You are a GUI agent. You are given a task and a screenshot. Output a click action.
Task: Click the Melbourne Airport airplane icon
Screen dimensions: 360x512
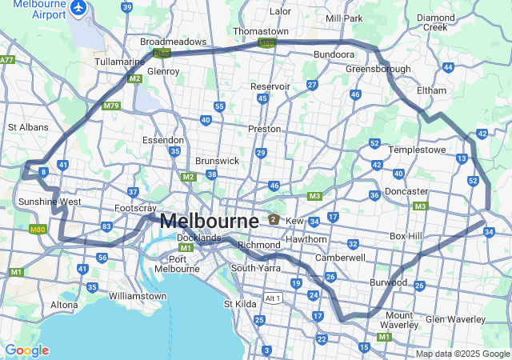click(78, 7)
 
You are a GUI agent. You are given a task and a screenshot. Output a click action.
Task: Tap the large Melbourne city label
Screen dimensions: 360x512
click(209, 221)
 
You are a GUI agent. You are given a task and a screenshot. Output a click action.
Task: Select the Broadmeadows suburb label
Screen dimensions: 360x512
click(173, 42)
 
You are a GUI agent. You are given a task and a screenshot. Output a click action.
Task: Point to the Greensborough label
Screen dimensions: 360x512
click(378, 70)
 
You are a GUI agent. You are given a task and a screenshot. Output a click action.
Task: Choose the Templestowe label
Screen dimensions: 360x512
click(415, 150)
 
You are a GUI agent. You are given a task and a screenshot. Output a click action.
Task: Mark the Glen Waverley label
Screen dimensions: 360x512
click(455, 319)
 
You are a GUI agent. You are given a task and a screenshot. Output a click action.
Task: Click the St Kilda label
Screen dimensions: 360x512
click(239, 304)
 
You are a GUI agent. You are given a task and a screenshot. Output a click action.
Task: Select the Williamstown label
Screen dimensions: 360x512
click(138, 296)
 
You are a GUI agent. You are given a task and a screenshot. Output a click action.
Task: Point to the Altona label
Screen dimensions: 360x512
click(65, 305)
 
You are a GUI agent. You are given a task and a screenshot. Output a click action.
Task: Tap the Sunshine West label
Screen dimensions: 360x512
click(49, 202)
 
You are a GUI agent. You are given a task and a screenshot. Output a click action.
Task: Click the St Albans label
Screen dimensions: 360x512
click(28, 127)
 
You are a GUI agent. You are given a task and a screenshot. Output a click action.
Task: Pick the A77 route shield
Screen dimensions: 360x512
click(6, 60)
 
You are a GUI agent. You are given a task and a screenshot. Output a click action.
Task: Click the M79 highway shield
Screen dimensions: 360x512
click(111, 106)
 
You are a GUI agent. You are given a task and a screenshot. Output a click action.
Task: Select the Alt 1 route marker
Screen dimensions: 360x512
click(274, 298)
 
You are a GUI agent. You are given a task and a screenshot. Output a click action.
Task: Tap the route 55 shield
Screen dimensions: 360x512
click(219, 106)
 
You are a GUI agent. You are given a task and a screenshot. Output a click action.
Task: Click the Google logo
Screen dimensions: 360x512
click(26, 350)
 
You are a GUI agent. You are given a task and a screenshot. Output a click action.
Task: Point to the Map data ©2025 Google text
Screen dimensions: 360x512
click(462, 354)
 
